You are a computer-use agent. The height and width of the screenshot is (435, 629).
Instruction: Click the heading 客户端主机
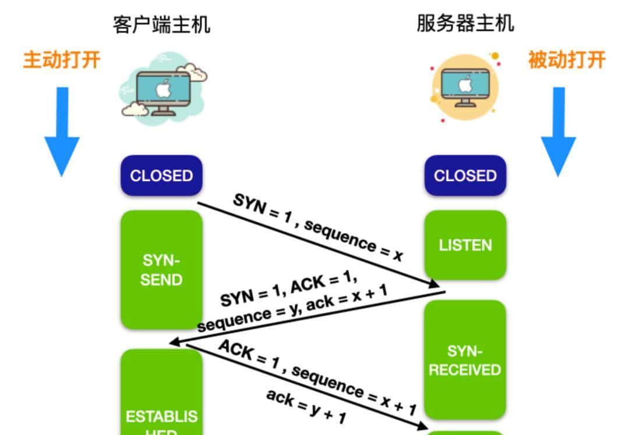tap(161, 25)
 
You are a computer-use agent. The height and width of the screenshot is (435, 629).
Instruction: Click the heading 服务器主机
tap(465, 24)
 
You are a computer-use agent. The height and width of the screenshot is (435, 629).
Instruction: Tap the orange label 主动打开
tap(62, 60)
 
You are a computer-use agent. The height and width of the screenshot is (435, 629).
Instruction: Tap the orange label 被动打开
tap(567, 60)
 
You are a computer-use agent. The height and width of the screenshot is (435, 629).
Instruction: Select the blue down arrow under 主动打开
tap(62, 131)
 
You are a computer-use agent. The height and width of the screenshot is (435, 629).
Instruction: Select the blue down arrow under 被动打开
tap(558, 131)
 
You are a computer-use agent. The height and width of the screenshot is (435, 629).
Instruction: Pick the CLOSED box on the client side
tap(161, 176)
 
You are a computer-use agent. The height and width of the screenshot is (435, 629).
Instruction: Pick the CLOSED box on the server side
tap(465, 176)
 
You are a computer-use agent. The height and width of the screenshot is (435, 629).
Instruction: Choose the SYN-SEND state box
tap(161, 270)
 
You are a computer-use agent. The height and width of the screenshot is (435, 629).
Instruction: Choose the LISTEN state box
tap(465, 245)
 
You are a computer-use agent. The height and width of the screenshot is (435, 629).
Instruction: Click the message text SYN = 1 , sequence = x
tap(318, 227)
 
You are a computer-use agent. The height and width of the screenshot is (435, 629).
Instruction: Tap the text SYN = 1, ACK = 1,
tap(289, 290)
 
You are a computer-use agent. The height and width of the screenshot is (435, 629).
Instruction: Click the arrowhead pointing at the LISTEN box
tap(433, 284)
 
